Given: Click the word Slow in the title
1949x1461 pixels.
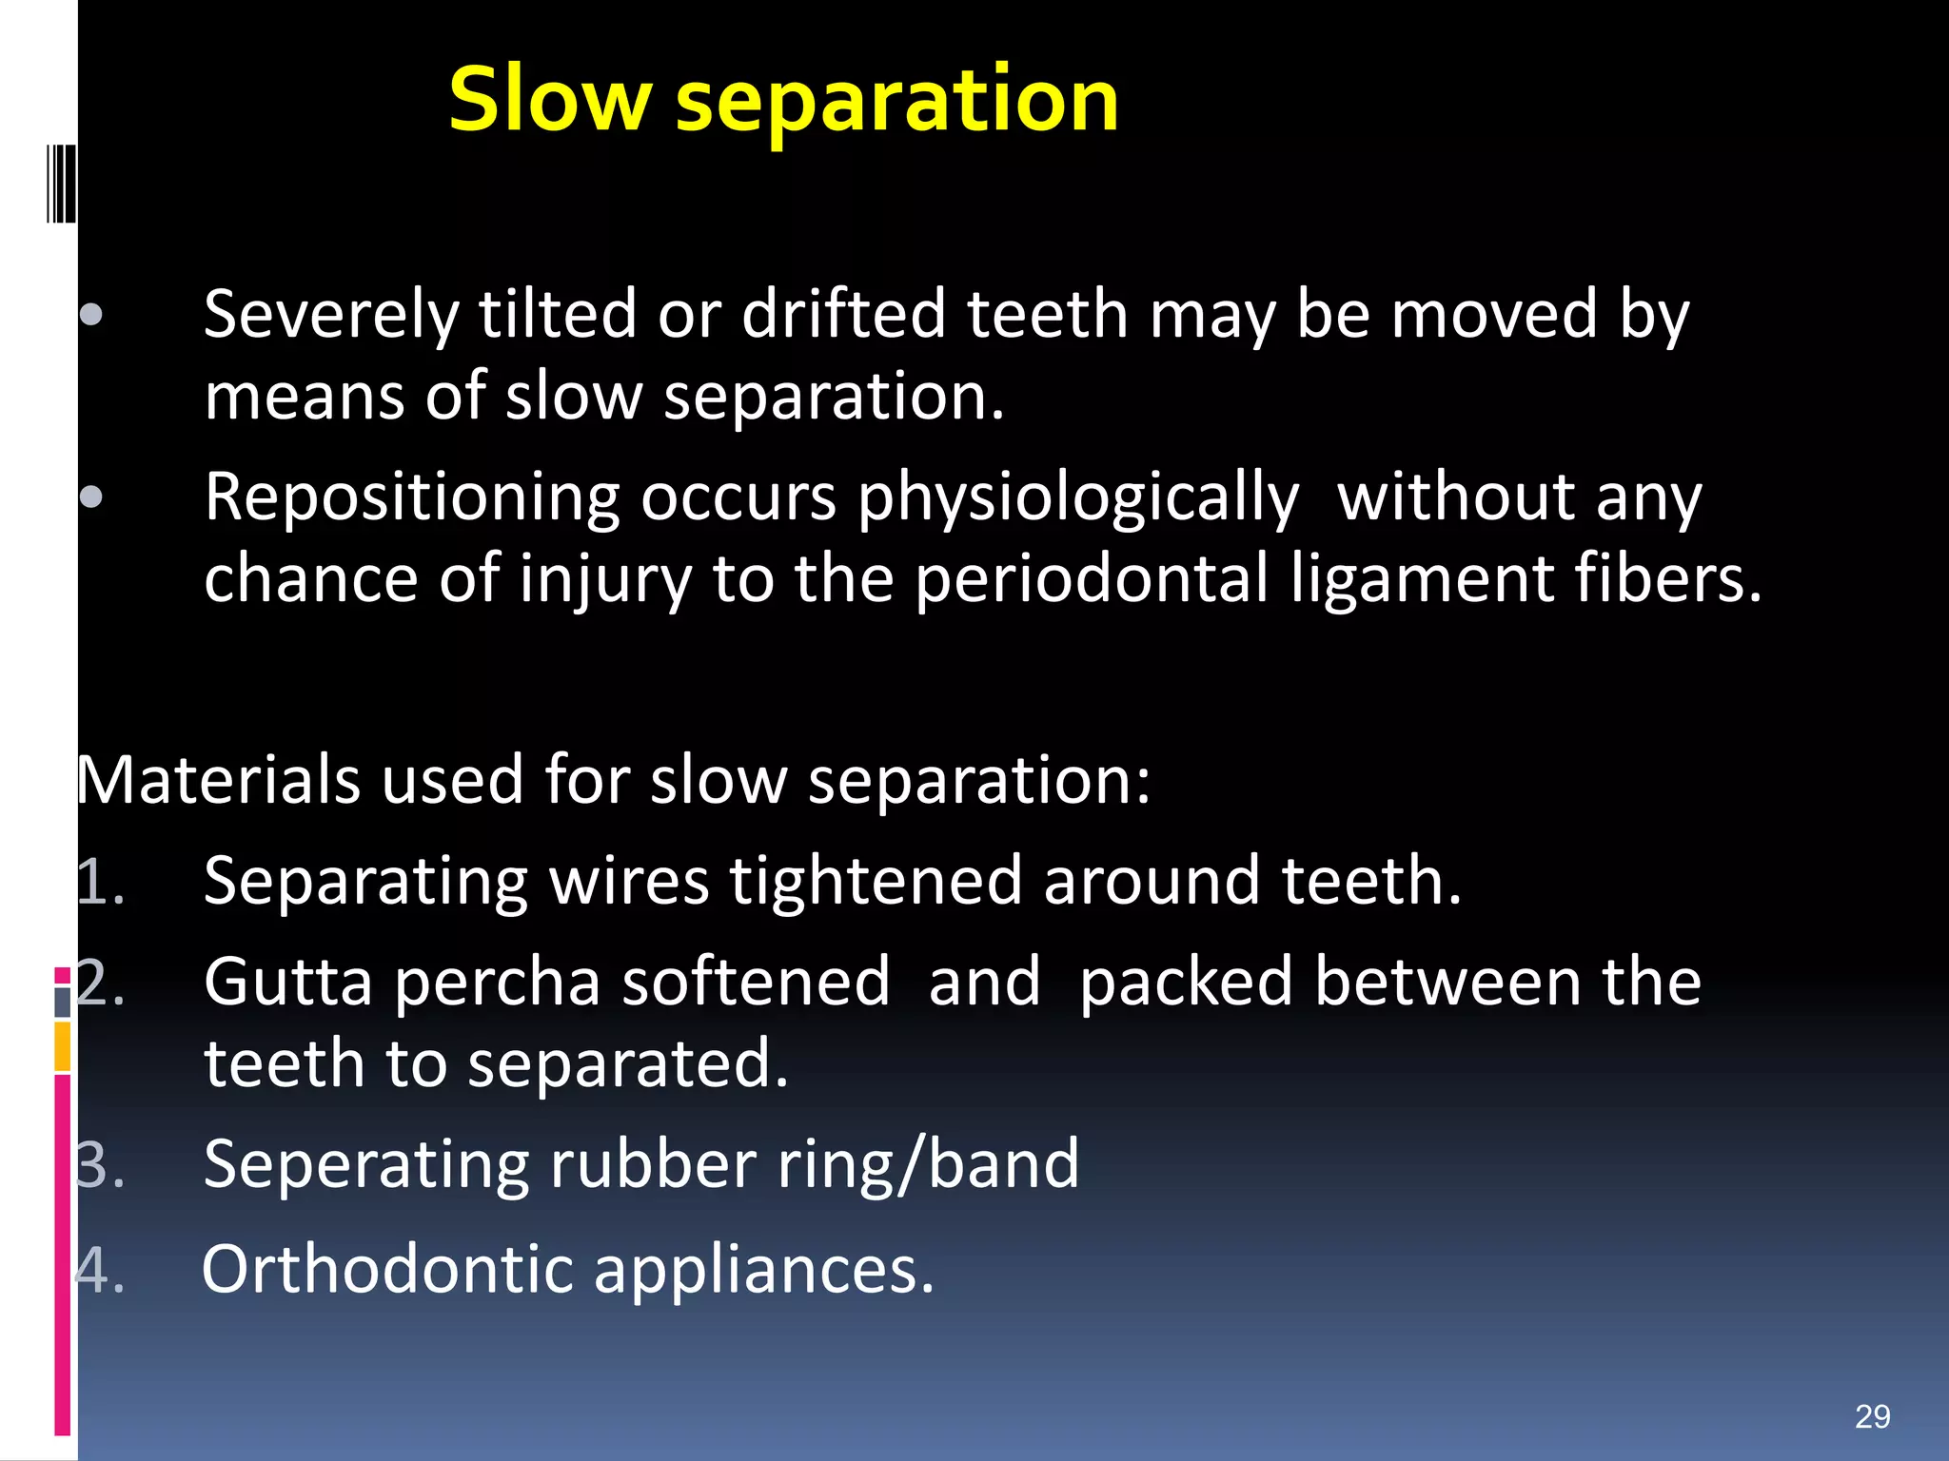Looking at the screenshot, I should pos(550,99).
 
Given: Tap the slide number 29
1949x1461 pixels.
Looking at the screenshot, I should pos(1872,1416).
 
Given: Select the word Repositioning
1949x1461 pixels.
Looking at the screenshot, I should pos(411,498).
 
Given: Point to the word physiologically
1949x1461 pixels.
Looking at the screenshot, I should pos(1077,498).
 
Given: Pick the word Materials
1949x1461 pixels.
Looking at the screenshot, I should pos(218,780).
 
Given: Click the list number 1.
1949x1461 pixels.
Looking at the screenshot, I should pos(99,882).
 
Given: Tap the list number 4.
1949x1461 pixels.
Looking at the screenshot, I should pos(99,1270).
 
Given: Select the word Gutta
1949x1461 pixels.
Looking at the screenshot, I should pos(287,983).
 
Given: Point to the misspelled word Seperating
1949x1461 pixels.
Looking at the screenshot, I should pos(365,1164).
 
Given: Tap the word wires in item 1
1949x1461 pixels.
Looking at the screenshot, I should pos(629,882).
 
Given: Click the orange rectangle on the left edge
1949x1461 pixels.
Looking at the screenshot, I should pos(63,1046).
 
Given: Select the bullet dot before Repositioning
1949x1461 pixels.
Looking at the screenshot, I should pos(91,497).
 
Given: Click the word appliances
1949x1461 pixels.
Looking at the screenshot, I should pos(763,1270).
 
